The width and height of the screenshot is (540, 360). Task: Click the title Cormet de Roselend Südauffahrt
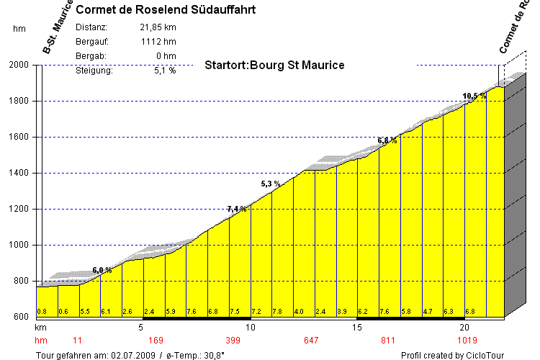(x=165, y=10)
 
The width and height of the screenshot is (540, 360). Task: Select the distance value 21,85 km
(x=158, y=27)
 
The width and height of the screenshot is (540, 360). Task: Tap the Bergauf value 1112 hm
(x=159, y=42)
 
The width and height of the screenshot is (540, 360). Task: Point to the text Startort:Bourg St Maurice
(x=274, y=65)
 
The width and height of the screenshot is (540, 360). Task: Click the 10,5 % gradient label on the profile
(x=474, y=96)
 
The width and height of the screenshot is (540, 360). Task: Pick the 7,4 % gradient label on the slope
(x=238, y=209)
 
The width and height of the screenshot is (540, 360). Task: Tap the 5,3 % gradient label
(x=271, y=184)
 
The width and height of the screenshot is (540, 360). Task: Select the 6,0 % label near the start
(x=102, y=270)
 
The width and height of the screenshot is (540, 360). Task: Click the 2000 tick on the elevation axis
(x=19, y=65)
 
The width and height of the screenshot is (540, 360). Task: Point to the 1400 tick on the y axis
(x=19, y=173)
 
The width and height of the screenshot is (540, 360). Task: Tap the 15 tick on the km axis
(x=357, y=328)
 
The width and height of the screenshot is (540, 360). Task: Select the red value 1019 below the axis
(x=468, y=339)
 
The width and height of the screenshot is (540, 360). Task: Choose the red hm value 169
(x=156, y=339)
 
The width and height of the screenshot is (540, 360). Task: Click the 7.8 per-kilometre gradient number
(x=277, y=312)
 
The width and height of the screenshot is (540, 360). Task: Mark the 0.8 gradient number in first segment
(x=42, y=312)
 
